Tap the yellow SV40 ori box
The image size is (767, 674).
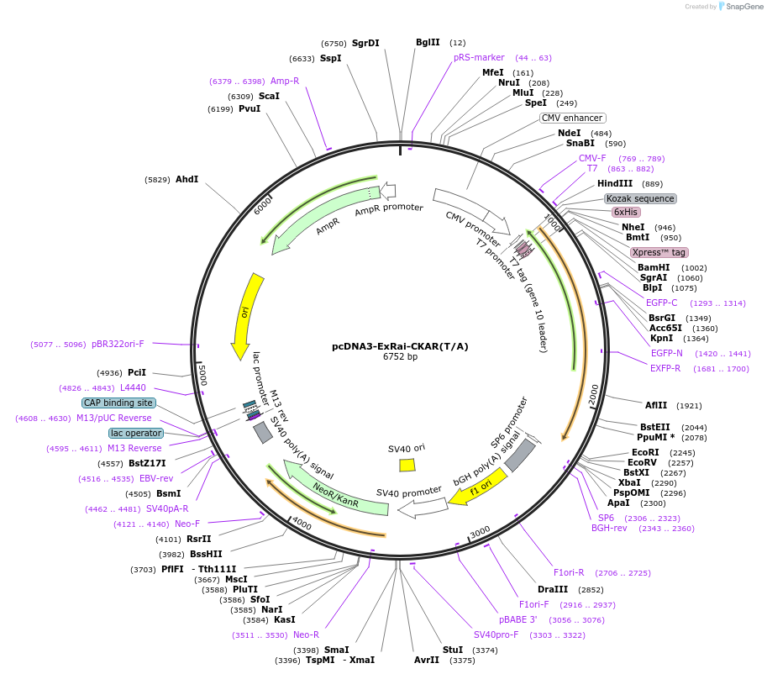pyautogui.click(x=407, y=465)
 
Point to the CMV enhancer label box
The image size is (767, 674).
pyautogui.click(x=572, y=118)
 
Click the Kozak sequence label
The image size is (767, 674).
pyautogui.click(x=640, y=199)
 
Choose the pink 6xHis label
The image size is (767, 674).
pyautogui.click(x=625, y=213)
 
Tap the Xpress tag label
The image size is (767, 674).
pyautogui.click(x=659, y=252)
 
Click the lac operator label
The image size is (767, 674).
pyautogui.click(x=135, y=433)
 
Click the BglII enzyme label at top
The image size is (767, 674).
pyautogui.click(x=428, y=42)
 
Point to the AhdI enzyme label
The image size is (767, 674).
pyautogui.click(x=186, y=179)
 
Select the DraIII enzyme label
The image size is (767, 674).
pyautogui.click(x=553, y=589)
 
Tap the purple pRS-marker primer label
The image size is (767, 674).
pyautogui.click(x=479, y=57)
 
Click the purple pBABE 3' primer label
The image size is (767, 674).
pyautogui.click(x=517, y=619)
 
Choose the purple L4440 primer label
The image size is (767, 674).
pyautogui.click(x=133, y=387)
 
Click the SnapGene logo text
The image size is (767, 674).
pyautogui.click(x=740, y=7)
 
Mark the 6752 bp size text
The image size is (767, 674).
pyautogui.click(x=400, y=356)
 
